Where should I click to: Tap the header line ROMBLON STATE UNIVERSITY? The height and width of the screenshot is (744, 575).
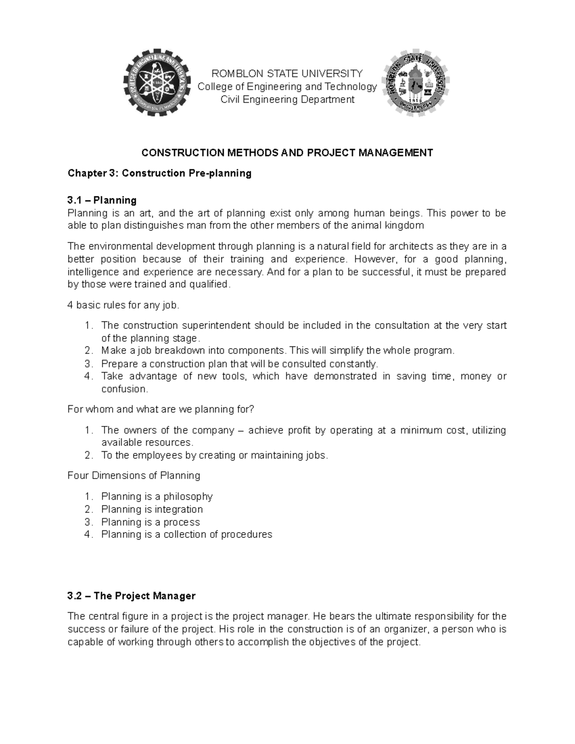click(x=287, y=73)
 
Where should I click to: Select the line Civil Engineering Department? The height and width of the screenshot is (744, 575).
click(x=287, y=99)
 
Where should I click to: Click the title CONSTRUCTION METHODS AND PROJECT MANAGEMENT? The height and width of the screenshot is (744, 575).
click(x=287, y=152)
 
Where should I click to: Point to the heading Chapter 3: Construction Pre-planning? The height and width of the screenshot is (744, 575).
click(x=159, y=173)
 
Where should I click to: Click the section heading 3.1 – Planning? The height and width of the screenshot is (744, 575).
click(x=102, y=200)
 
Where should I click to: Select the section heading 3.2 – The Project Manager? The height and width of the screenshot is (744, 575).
click(x=131, y=596)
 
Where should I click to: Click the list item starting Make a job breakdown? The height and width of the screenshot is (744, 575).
click(x=277, y=351)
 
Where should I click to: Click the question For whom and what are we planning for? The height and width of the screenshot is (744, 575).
click(x=161, y=410)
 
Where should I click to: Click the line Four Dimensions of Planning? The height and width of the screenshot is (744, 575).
click(x=134, y=476)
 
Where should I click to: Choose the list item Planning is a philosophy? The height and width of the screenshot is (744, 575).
click(x=157, y=496)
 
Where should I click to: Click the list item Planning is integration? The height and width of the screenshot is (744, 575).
click(x=152, y=509)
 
